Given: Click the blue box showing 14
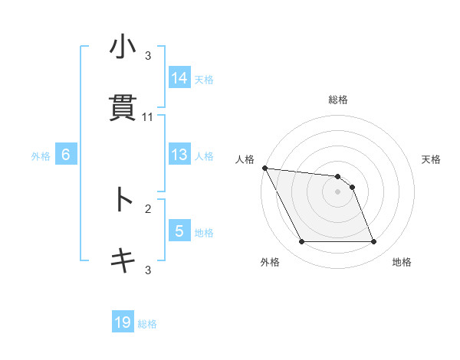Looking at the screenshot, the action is pos(179,77).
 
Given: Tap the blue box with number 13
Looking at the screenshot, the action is pos(179,155).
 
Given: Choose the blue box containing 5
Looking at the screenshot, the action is pos(179,231).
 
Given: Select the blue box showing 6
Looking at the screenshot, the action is pos(66,155).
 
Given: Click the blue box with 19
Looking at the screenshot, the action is pos(123,322).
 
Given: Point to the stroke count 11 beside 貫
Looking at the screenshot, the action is pos(148,117).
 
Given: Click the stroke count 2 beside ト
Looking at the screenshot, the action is pos(148,208).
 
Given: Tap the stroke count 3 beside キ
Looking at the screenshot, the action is pos(148,270).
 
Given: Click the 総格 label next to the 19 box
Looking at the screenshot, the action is pos(147,324).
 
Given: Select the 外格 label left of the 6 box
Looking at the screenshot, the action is pos(41,155).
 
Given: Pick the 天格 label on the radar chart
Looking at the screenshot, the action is pos(431,159).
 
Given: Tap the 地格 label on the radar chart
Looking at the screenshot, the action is pos(402,262).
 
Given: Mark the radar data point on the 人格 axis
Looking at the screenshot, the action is pos(264,168).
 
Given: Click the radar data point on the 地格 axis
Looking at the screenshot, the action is pos(373,242).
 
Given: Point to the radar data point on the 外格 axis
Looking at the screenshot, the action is pos(301,242).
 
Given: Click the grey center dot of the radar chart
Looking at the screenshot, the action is pos(337,191).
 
